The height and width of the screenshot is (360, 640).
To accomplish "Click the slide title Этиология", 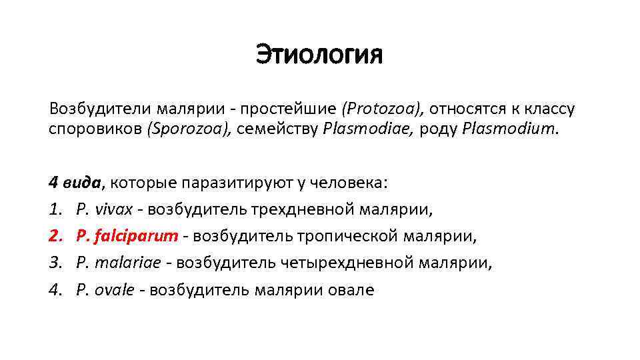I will pyautogui.click(x=319, y=55).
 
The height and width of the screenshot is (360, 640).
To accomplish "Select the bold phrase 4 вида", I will pyautogui.click(x=75, y=183).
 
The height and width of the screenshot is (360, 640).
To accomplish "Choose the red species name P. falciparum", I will pyautogui.click(x=127, y=236).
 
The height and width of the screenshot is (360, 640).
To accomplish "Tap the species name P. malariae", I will pyautogui.click(x=119, y=263).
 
